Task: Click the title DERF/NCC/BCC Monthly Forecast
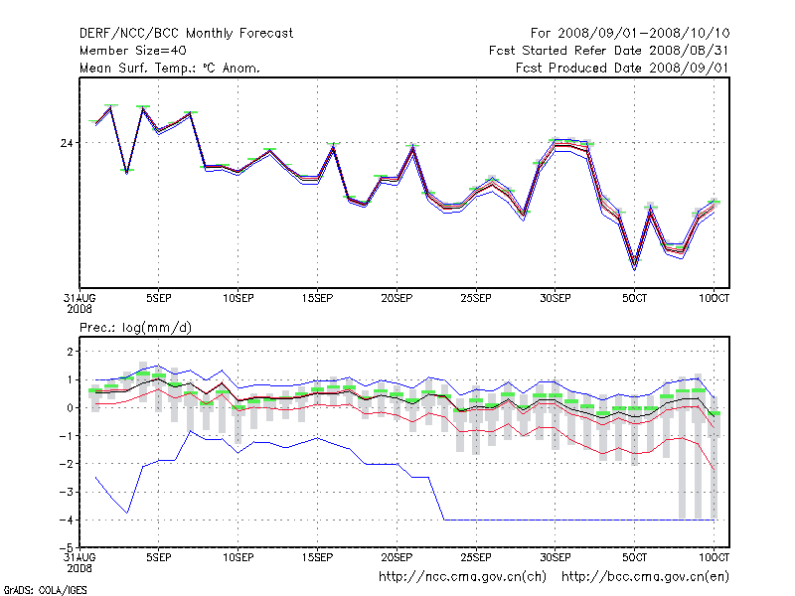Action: click(186, 34)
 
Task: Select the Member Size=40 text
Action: click(133, 51)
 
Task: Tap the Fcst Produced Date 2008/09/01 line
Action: click(622, 68)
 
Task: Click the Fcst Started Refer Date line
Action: click(608, 51)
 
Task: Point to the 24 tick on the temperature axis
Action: click(67, 143)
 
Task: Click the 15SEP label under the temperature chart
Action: click(317, 298)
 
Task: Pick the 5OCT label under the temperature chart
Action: click(635, 298)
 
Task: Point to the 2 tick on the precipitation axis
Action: click(70, 352)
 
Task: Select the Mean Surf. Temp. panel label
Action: click(170, 68)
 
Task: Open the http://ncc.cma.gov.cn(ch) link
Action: click(462, 576)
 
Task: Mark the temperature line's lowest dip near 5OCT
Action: click(635, 265)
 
